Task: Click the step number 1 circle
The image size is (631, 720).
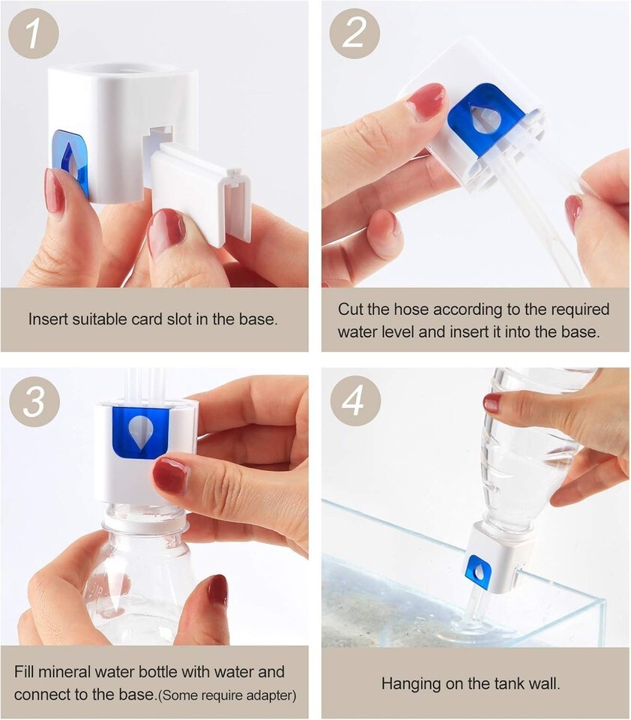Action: click(x=34, y=33)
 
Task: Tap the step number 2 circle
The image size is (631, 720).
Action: click(x=354, y=33)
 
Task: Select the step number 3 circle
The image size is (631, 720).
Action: click(x=34, y=401)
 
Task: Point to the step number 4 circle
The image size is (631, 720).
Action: click(x=355, y=401)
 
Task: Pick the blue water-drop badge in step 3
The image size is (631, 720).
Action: click(x=140, y=433)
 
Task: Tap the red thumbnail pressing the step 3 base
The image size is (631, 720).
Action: click(x=170, y=476)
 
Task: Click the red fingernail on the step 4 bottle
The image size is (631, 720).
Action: click(x=492, y=403)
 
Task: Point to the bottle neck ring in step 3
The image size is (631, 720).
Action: click(x=145, y=525)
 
